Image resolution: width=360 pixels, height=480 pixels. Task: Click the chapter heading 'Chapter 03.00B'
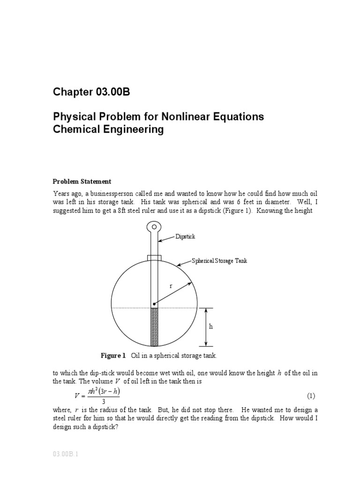pyautogui.click(x=91, y=92)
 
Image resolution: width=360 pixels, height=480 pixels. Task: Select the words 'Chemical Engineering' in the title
pyautogui.click(x=108, y=129)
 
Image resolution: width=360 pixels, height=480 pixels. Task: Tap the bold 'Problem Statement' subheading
pyautogui.click(x=82, y=181)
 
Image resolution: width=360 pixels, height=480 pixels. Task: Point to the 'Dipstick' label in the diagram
pyautogui.click(x=185, y=237)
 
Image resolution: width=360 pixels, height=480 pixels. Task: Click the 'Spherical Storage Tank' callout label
pyautogui.click(x=219, y=261)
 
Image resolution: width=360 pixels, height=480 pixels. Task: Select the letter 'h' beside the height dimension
pyautogui.click(x=211, y=327)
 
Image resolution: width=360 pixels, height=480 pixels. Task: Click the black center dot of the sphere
pyautogui.click(x=154, y=304)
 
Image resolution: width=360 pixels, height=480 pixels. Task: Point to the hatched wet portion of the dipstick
pyautogui.click(x=154, y=327)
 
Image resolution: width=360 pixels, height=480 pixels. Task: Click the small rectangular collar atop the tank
pyautogui.click(x=154, y=258)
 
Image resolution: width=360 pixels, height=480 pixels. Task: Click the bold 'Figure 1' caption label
pyautogui.click(x=113, y=356)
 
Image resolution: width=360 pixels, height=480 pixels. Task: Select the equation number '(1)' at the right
pyautogui.click(x=311, y=396)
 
